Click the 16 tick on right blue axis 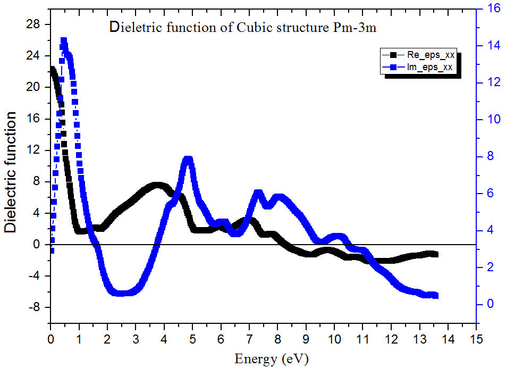[x=490, y=9]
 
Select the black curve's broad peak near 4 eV [x=157, y=186]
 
